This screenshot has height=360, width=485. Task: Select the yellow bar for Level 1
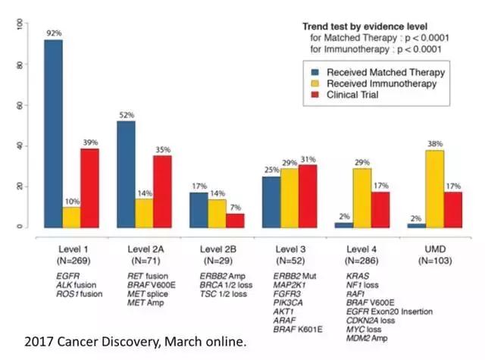coord(71,218)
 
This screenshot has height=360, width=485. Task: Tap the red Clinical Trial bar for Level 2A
coord(162,191)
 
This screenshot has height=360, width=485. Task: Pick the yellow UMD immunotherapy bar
coord(434,189)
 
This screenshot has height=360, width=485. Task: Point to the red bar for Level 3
coord(307,196)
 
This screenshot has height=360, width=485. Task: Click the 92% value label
coord(52,33)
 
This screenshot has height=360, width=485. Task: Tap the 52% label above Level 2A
coord(125,115)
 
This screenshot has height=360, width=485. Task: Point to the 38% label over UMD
coord(434,144)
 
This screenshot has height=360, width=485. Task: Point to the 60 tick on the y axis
coord(19,105)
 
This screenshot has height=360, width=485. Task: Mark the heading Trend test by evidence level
coord(362,26)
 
